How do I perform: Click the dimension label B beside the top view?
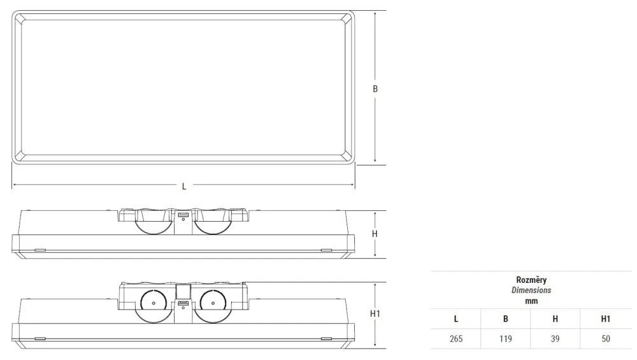[x=375, y=89]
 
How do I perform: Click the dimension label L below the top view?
[x=184, y=187]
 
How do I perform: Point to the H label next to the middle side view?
[x=375, y=234]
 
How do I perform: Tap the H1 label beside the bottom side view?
[x=375, y=313]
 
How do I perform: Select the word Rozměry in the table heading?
[x=531, y=280]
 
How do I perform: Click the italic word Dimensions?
[x=531, y=290]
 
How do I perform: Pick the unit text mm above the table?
[x=531, y=301]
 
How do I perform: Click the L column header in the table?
[x=456, y=319]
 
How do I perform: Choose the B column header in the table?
[x=506, y=319]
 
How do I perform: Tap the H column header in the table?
[x=555, y=319]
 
